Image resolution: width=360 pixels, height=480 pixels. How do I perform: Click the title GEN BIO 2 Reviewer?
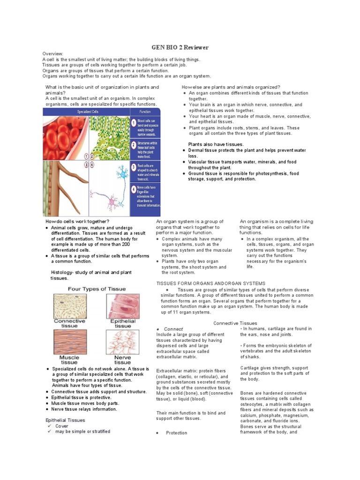click(x=180, y=47)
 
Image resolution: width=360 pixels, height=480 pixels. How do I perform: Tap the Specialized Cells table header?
click(x=88, y=112)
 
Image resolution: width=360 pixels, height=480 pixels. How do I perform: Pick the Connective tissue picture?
click(x=69, y=306)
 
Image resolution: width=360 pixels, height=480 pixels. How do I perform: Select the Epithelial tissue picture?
click(x=123, y=306)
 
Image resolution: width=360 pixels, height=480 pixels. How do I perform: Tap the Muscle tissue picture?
click(x=69, y=342)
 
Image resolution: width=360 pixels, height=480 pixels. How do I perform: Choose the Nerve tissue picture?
click(x=123, y=342)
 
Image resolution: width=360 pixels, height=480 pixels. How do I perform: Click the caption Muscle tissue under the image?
click(x=69, y=360)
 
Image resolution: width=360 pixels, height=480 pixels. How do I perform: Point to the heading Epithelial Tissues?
click(x=65, y=420)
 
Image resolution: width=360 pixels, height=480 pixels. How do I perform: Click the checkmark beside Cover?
click(x=49, y=426)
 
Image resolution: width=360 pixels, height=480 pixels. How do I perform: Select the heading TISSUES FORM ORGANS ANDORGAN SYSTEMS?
click(x=210, y=283)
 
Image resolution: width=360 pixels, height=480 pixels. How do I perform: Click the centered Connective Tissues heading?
click(x=235, y=323)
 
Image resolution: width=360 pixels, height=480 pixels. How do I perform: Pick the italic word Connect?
click(x=173, y=329)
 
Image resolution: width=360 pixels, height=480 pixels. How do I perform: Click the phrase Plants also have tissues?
click(x=216, y=144)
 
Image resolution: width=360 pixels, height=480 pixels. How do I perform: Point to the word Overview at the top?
click(x=53, y=54)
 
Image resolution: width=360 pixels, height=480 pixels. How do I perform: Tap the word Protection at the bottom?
click(x=176, y=433)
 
